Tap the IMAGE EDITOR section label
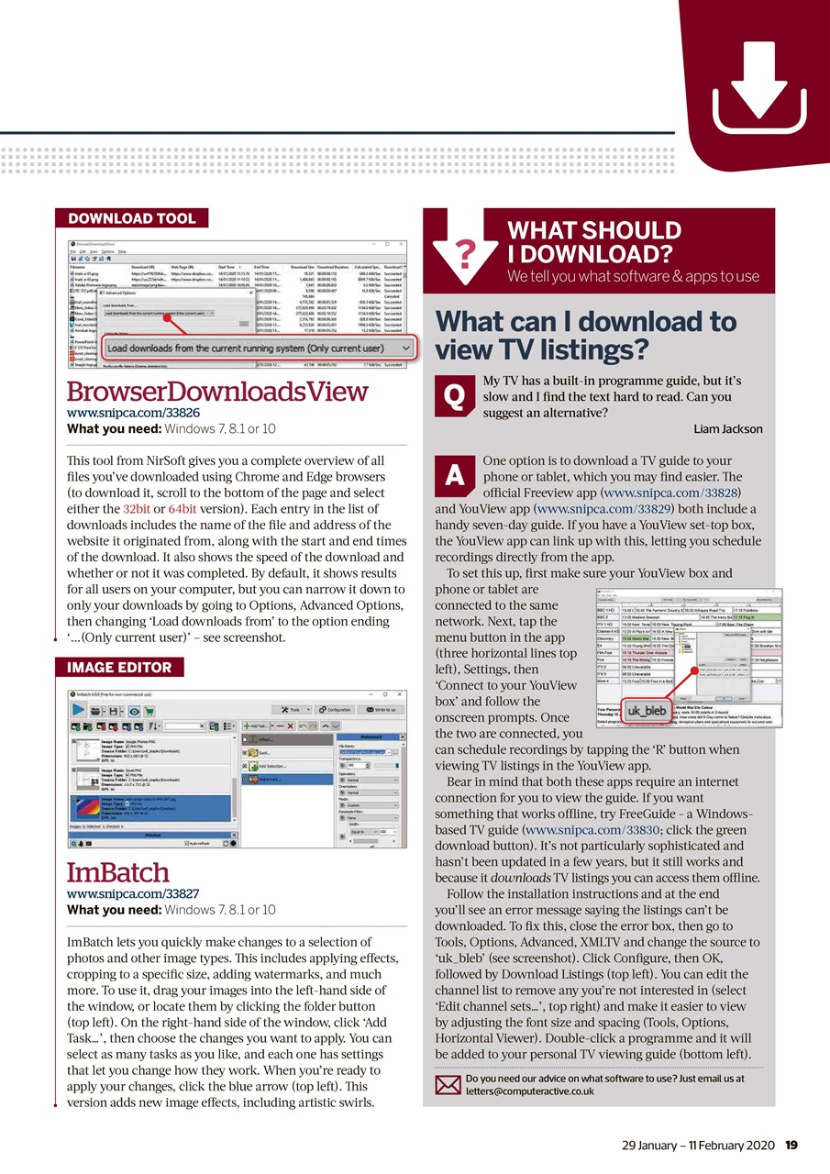pyautogui.click(x=118, y=667)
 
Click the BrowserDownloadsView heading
pyautogui.click(x=217, y=392)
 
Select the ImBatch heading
pyautogui.click(x=118, y=871)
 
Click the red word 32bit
pyautogui.click(x=137, y=508)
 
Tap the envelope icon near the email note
pyautogui.click(x=446, y=1085)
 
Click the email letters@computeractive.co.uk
pyautogui.click(x=530, y=1091)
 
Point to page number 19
pyautogui.click(x=791, y=1144)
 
